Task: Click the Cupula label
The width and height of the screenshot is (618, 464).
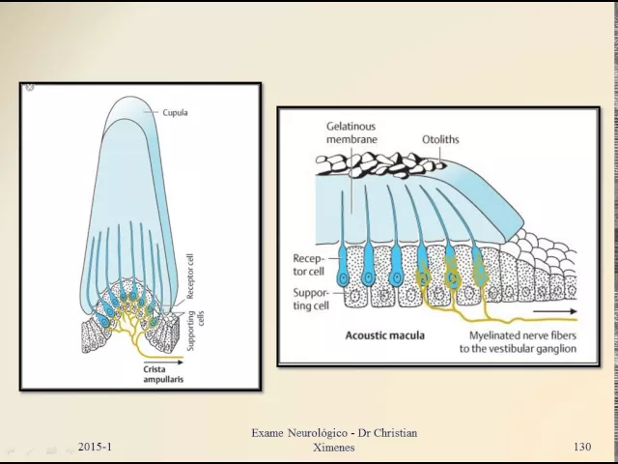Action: pos(174,112)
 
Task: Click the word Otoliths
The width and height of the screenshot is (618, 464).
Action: pos(440,139)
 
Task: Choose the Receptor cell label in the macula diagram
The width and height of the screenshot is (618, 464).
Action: pos(312,264)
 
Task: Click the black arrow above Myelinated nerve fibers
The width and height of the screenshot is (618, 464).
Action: pos(557,312)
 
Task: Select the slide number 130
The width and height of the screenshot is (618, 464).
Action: pos(581,447)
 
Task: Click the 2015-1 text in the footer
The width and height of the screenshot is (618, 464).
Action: pos(95,447)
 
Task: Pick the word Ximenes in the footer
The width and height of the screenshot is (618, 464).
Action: pos(334,448)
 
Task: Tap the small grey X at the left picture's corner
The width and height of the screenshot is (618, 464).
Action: pos(29,88)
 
